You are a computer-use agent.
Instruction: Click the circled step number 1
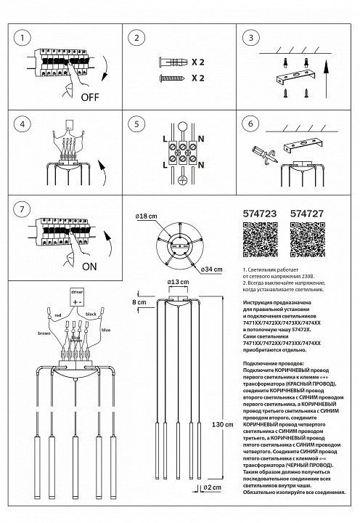(24, 38)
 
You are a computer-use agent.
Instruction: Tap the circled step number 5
(139, 125)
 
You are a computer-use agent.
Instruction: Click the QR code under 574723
(258, 239)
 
